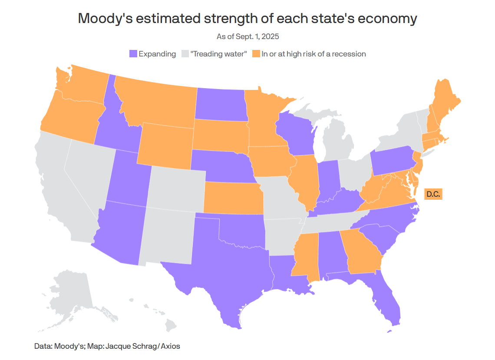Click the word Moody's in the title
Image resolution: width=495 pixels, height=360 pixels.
101,19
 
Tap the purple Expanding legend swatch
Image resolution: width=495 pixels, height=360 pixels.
133,54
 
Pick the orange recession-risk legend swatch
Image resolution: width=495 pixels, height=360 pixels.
256,54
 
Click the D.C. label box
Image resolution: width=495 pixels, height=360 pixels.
433,194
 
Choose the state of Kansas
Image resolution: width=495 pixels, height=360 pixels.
232,198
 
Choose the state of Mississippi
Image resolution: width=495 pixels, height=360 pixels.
306,256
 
